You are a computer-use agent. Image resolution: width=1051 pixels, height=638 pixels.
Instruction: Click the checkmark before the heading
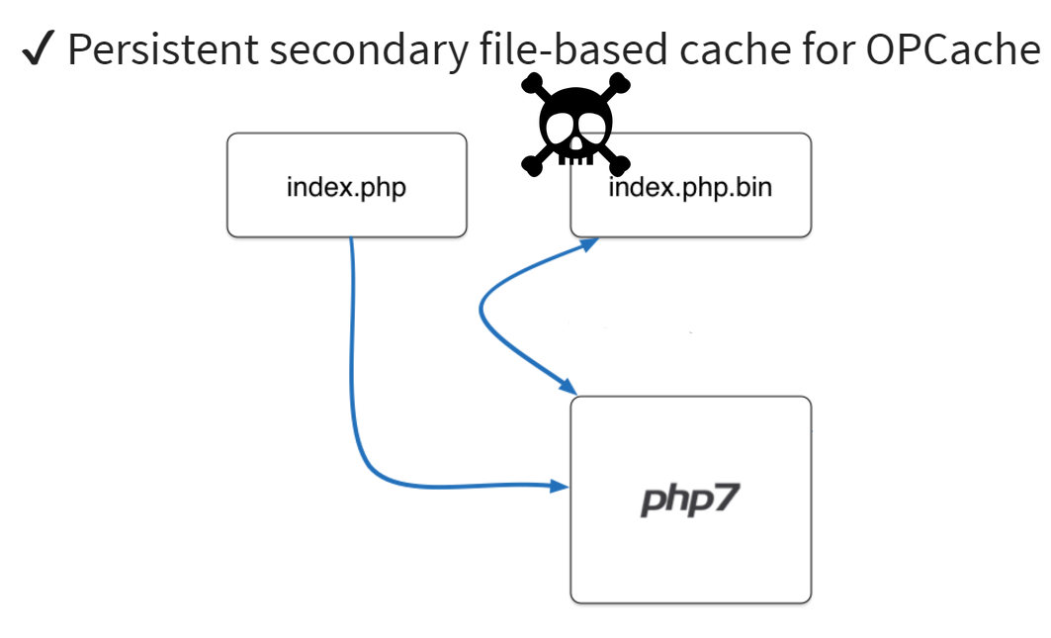pyautogui.click(x=38, y=50)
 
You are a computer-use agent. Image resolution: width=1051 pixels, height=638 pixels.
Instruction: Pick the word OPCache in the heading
pyautogui.click(x=953, y=49)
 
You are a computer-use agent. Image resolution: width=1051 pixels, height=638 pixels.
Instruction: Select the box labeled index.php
pyautogui.click(x=346, y=213)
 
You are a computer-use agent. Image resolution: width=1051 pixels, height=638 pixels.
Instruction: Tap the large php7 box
pyautogui.click(x=690, y=554)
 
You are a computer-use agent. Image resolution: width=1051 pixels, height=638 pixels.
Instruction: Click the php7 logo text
pyautogui.click(x=689, y=499)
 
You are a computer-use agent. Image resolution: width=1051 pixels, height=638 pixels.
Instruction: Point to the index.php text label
pyautogui.click(x=346, y=187)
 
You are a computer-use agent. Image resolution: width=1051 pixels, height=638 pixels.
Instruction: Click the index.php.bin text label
pyautogui.click(x=690, y=187)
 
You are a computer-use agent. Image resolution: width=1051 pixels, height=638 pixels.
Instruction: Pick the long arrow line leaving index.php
pyautogui.click(x=352, y=376)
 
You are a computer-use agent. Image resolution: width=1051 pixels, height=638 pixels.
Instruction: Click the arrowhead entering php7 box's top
pyautogui.click(x=568, y=386)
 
